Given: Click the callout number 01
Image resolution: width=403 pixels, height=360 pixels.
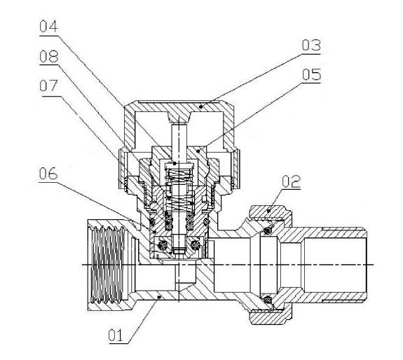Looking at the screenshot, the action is click(x=116, y=335).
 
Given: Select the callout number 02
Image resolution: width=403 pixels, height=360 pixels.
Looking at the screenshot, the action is click(x=291, y=181).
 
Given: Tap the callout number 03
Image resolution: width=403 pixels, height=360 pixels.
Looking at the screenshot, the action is click(x=311, y=46).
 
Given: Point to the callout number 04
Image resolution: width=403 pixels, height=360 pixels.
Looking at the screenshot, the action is click(x=49, y=27).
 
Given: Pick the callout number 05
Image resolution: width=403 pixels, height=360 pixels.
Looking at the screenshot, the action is click(x=311, y=74).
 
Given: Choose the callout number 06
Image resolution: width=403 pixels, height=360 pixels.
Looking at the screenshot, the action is click(x=48, y=174).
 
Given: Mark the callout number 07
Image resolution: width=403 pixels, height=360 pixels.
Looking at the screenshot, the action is click(x=48, y=85).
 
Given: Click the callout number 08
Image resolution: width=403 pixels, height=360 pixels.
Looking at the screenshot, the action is click(x=49, y=57).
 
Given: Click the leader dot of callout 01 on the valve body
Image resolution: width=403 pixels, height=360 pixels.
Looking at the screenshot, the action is click(x=159, y=297).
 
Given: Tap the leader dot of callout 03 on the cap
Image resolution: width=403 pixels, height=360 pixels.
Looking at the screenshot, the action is click(x=201, y=106).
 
